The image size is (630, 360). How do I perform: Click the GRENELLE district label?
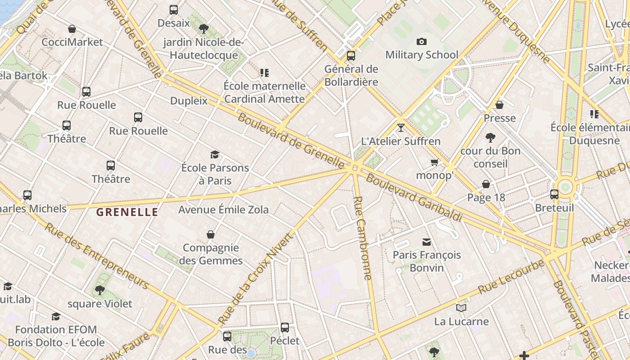click(x=127, y=212)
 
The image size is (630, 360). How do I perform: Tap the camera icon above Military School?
click(x=422, y=42)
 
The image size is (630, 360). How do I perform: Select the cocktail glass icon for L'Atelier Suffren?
click(x=401, y=128)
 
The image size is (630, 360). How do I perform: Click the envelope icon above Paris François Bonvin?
click(x=427, y=242)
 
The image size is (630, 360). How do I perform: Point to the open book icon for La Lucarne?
click(x=461, y=308)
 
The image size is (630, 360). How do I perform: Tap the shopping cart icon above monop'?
click(x=434, y=162)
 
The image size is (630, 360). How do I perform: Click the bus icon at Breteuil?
click(x=554, y=194)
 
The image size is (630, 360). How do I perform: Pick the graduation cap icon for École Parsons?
click(x=215, y=155)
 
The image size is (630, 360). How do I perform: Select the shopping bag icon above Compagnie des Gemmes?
click(x=210, y=234)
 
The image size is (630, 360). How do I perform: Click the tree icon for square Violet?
click(x=100, y=290)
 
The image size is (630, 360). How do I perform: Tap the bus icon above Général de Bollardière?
click(x=351, y=56)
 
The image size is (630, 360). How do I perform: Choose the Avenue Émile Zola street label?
click(x=223, y=210)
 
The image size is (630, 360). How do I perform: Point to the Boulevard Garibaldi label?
click(x=414, y=197)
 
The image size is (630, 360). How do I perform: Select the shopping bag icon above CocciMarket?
click(x=72, y=29)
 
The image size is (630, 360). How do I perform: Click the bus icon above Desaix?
click(x=174, y=9)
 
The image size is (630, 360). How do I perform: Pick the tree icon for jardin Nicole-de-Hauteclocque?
click(x=203, y=29)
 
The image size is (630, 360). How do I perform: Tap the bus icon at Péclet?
click(x=285, y=328)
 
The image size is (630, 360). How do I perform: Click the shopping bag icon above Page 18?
click(x=486, y=184)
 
